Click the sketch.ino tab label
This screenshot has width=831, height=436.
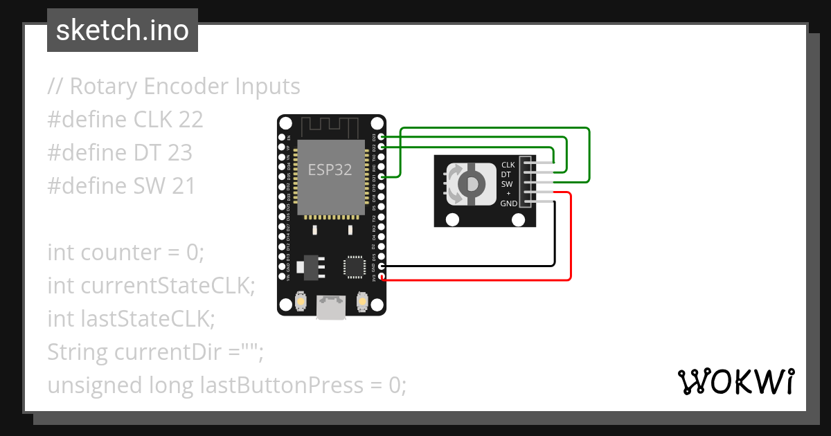pyautogui.click(x=123, y=30)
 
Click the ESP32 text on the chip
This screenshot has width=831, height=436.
pyautogui.click(x=330, y=170)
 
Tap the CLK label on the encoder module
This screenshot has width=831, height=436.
pyautogui.click(x=508, y=165)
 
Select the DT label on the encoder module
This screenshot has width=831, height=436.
pyautogui.click(x=506, y=175)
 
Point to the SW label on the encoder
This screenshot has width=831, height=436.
pyautogui.click(x=507, y=185)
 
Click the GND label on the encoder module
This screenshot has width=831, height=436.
pyautogui.click(x=508, y=203)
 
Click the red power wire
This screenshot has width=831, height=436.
pyautogui.click(x=571, y=235)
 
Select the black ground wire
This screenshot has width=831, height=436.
pyautogui.click(x=554, y=235)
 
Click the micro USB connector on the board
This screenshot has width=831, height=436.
pyautogui.click(x=332, y=307)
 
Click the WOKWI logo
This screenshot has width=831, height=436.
pyautogui.click(x=735, y=381)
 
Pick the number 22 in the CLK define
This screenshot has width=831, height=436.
pyautogui.click(x=190, y=120)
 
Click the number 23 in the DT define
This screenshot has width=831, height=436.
pyautogui.click(x=179, y=152)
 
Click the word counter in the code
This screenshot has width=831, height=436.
pyautogui.click(x=120, y=253)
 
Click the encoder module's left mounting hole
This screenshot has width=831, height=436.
pyautogui.click(x=453, y=220)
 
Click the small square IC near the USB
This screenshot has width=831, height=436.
pyautogui.click(x=354, y=266)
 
